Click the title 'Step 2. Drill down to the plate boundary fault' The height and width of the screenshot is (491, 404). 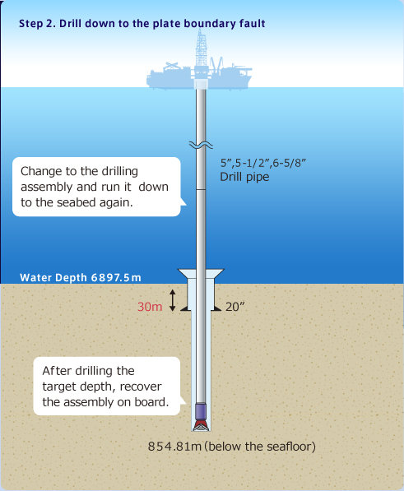[142, 24]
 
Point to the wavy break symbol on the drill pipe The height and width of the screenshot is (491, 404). [201, 145]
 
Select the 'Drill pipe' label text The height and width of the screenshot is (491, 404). [244, 177]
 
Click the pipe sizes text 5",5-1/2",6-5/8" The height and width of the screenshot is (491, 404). [263, 163]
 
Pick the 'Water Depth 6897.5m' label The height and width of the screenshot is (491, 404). [81, 277]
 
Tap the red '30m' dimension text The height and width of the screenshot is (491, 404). [150, 307]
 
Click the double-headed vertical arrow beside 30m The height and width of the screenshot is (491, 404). [172, 300]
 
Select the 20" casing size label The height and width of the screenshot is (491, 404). [235, 307]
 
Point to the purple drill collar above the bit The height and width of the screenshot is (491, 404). [201, 411]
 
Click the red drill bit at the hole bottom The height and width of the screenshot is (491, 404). [201, 425]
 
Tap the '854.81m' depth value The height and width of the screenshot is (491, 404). [174, 447]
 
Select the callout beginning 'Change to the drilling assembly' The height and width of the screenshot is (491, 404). [96, 187]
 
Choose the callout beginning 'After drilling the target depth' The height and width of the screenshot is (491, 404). [107, 386]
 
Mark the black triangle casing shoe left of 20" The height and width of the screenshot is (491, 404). [185, 308]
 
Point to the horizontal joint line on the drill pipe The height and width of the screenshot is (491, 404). [201, 189]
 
